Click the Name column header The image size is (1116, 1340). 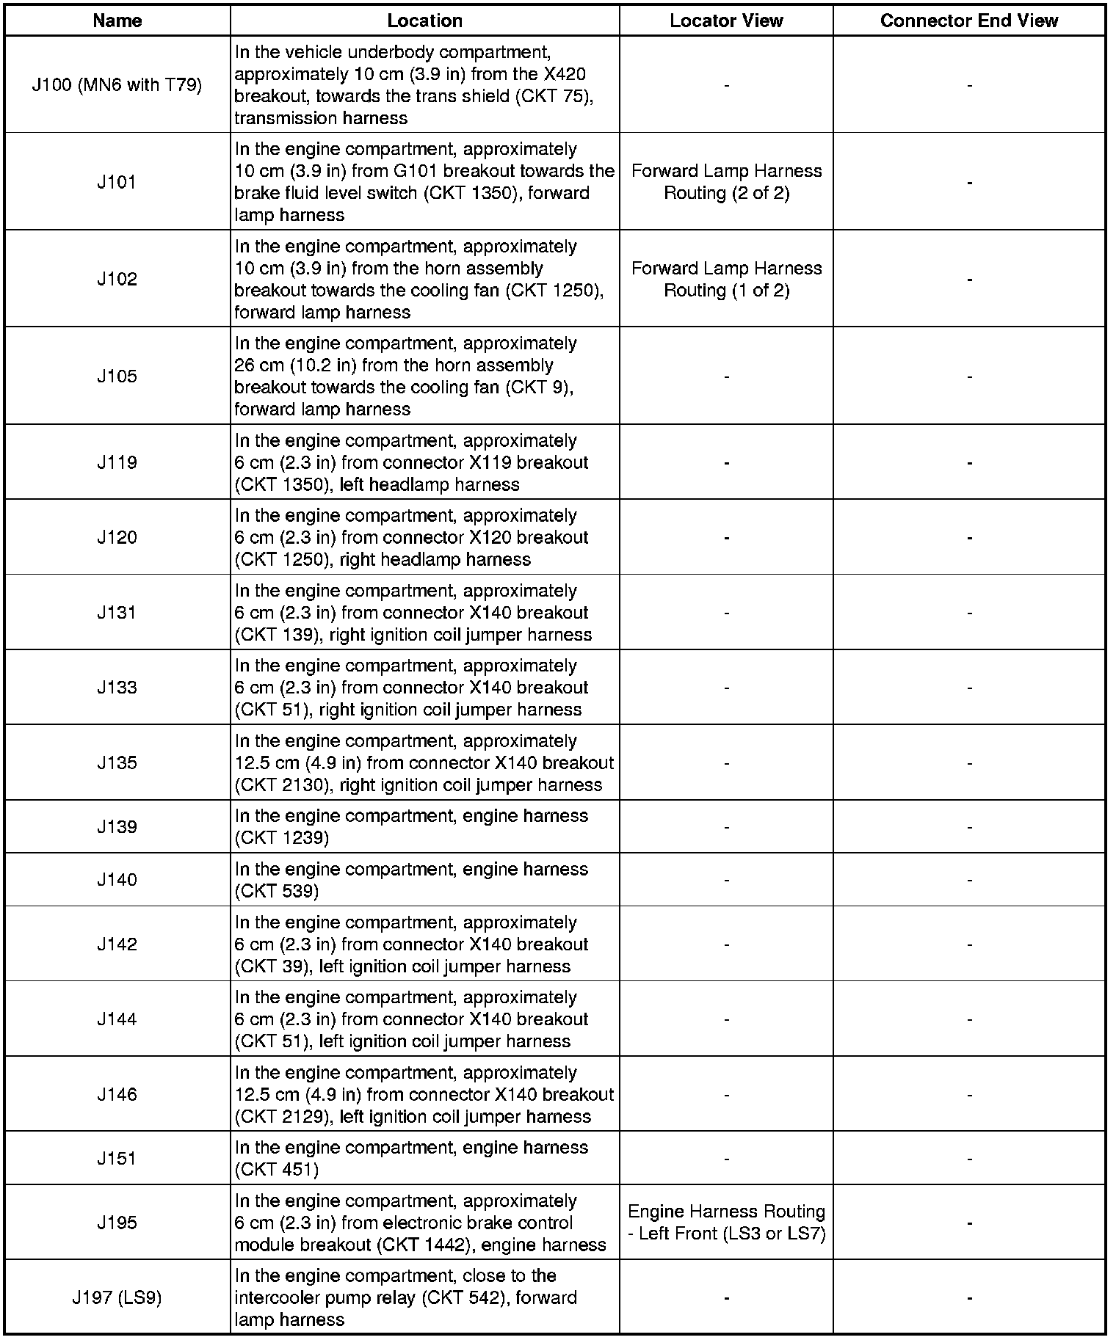tap(117, 21)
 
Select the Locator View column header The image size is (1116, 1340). tap(726, 21)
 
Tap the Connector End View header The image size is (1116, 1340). tap(968, 21)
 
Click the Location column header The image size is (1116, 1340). tap(424, 21)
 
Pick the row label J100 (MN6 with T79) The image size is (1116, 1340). tap(117, 85)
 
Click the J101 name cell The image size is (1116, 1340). tap(117, 182)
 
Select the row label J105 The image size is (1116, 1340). tap(117, 376)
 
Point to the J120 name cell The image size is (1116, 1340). tap(117, 537)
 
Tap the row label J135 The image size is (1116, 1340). tap(117, 762)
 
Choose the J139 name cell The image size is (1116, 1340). tap(117, 827)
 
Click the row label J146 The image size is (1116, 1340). tap(117, 1094)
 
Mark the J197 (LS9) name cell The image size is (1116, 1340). tap(117, 1297)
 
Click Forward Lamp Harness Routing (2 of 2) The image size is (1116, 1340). tap(726, 182)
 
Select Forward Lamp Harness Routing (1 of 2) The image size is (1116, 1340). tap(726, 280)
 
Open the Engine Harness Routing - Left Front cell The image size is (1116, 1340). tap(726, 1223)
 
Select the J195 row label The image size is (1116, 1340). tap(117, 1223)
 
